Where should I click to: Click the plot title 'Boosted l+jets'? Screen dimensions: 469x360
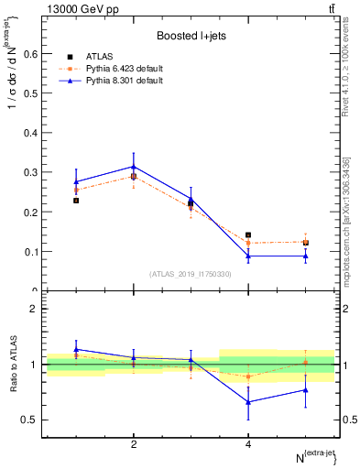(191, 36)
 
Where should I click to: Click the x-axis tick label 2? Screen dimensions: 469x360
(134, 444)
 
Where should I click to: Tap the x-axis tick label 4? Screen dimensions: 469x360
(248, 444)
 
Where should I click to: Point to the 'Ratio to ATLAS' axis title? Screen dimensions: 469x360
(13, 365)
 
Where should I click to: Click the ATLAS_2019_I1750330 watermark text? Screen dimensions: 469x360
(190, 274)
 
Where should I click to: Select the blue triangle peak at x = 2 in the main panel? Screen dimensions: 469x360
(134, 167)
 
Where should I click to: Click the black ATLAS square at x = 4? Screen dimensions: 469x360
(248, 235)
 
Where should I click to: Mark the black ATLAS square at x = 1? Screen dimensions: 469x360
(76, 201)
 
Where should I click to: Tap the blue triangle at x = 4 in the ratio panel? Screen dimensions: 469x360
(248, 401)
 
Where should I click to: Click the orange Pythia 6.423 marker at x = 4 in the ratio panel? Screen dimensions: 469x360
(248, 376)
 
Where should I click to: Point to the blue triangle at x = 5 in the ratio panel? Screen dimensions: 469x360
(306, 390)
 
